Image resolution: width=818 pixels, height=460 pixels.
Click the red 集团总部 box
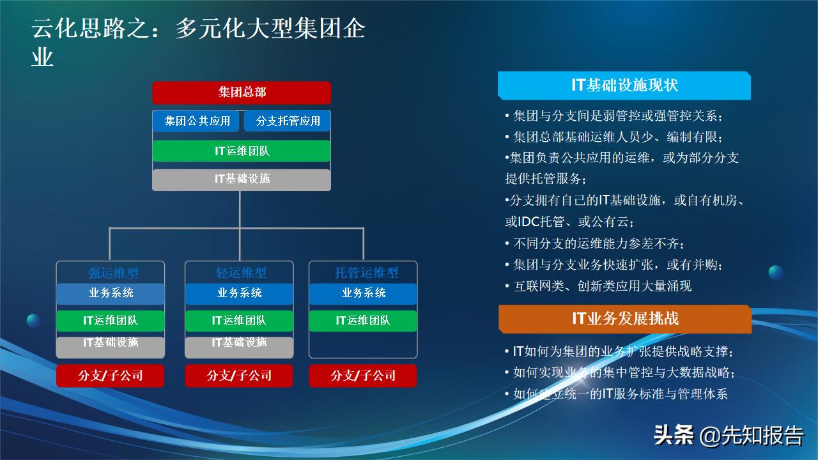(x=242, y=93)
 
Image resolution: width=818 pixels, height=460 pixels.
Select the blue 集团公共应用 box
(x=196, y=121)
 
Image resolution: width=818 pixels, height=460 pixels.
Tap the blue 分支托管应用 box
(x=288, y=121)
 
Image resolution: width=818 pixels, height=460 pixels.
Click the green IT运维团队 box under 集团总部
(x=242, y=151)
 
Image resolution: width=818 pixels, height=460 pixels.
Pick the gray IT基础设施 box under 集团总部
(x=242, y=179)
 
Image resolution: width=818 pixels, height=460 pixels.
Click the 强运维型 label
(x=112, y=273)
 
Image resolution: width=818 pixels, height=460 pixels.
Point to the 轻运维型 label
(x=240, y=273)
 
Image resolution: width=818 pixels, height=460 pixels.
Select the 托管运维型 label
(x=366, y=273)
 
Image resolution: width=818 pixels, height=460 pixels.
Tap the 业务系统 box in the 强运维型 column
(x=111, y=293)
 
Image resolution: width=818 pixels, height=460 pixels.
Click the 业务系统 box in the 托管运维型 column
(x=363, y=293)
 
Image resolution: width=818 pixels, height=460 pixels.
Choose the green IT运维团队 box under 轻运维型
(x=239, y=321)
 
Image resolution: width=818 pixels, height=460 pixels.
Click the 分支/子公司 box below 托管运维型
(x=363, y=376)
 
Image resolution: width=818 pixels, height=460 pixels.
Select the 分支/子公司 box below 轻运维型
(x=239, y=376)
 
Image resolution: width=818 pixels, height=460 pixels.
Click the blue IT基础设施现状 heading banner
(x=624, y=85)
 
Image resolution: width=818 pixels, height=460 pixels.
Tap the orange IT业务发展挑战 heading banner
(x=624, y=319)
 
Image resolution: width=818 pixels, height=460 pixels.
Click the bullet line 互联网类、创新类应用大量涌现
(x=602, y=286)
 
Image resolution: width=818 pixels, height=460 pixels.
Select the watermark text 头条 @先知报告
(x=728, y=436)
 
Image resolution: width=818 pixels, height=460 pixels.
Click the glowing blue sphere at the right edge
(x=776, y=273)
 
